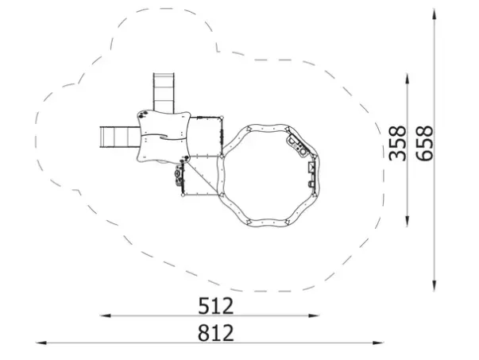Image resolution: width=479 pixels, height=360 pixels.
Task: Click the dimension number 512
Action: point(216,306)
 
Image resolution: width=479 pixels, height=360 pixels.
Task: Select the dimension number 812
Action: point(216,333)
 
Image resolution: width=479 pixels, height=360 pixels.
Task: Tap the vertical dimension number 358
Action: point(398,143)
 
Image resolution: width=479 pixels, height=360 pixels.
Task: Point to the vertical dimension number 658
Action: point(425,143)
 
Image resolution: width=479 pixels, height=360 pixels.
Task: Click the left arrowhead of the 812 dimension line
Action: point(41,343)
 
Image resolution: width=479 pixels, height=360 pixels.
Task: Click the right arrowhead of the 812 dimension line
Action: point(378,343)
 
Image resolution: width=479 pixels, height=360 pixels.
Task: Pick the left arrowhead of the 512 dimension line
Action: point(106,315)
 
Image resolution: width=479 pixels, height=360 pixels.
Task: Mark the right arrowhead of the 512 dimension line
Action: point(314,315)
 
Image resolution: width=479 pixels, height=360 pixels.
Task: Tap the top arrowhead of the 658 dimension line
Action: point(434,14)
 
